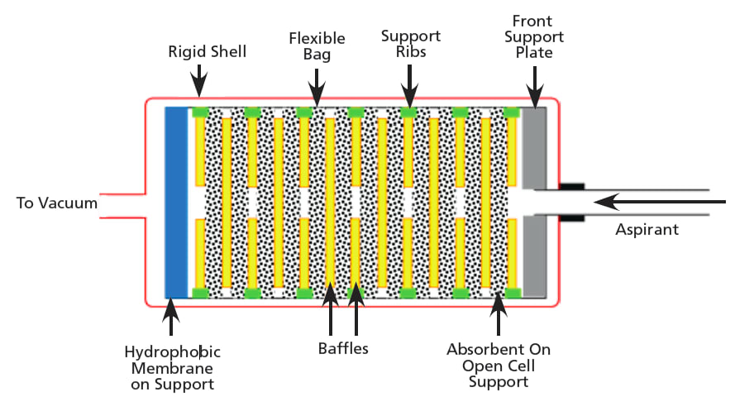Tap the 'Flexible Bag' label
(317, 46)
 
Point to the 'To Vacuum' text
(56, 203)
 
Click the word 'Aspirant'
(647, 229)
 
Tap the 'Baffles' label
(343, 348)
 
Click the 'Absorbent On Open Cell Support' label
(498, 365)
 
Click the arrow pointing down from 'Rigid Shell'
(198, 83)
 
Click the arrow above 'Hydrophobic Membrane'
(170, 317)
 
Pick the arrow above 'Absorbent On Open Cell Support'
(498, 314)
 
